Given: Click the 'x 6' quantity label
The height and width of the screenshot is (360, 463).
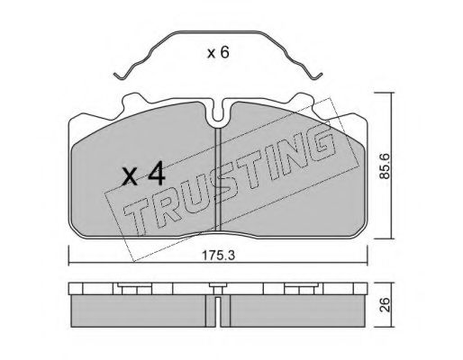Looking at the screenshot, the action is tap(218, 53).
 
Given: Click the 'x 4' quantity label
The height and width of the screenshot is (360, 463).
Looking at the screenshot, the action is tap(144, 174).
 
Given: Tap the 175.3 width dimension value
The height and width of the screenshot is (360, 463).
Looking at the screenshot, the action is tap(218, 256).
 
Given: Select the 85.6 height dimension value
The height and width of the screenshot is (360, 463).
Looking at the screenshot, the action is tap(385, 166).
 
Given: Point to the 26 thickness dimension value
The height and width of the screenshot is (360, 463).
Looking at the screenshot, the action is tap(385, 305).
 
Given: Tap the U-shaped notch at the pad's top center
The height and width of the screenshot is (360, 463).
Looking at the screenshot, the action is tap(218, 113).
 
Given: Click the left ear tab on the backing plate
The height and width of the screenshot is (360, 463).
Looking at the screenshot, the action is tap(132, 101).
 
